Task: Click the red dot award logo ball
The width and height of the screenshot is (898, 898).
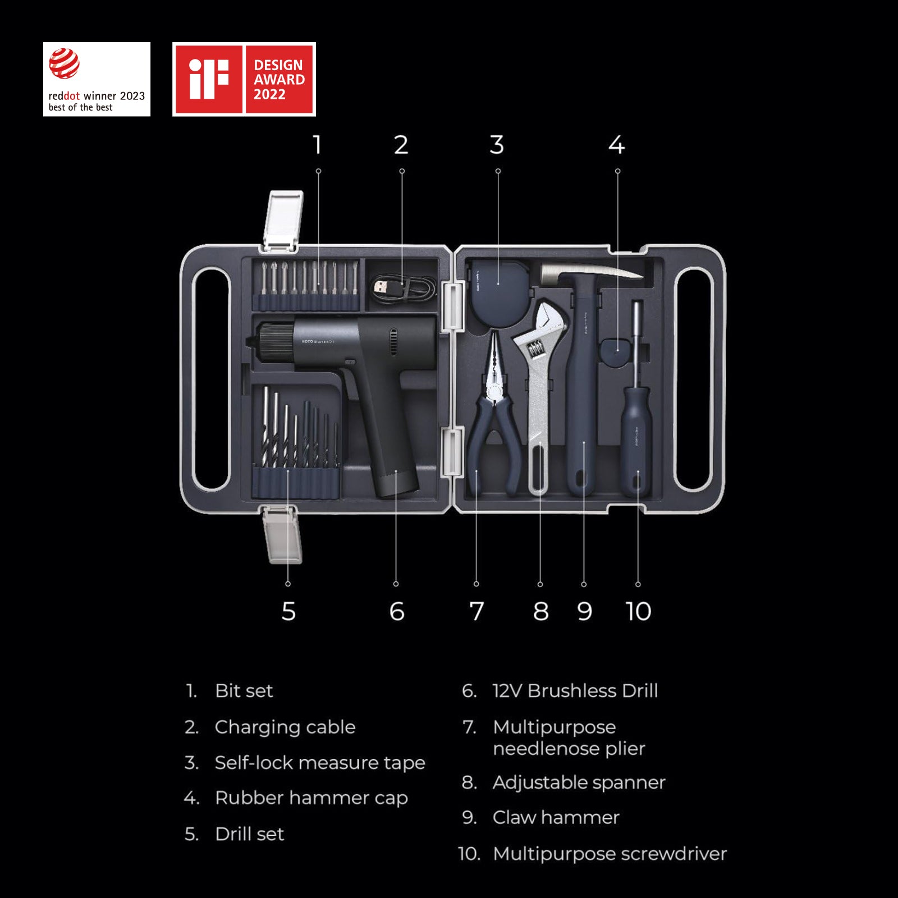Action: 64,63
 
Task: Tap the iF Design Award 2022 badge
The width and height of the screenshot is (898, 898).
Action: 244,79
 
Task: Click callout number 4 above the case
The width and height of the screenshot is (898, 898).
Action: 616,145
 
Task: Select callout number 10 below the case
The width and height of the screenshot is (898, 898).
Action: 638,611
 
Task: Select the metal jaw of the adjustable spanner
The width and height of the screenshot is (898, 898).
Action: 547,320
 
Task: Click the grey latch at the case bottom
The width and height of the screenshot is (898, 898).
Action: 282,533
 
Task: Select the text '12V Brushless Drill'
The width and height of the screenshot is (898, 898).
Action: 575,690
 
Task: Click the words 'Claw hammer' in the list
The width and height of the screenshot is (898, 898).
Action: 556,817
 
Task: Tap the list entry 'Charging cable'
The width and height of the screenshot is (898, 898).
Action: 285,727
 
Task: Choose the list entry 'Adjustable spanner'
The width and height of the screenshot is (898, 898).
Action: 579,782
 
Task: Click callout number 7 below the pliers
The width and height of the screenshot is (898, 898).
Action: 477,611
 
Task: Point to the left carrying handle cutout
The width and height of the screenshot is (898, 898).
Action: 210,379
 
